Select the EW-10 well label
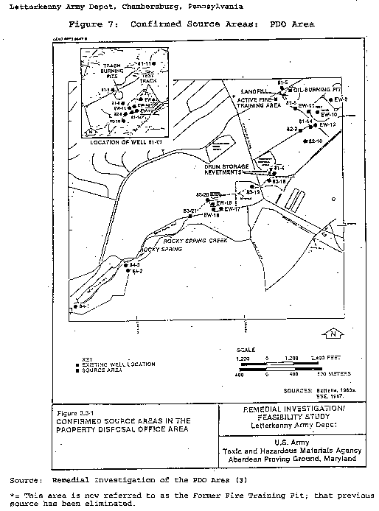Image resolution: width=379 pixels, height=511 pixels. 329,116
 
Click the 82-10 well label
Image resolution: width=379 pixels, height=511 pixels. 316,141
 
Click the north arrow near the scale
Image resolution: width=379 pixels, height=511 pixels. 334,334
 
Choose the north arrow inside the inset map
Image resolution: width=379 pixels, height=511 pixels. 91,131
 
